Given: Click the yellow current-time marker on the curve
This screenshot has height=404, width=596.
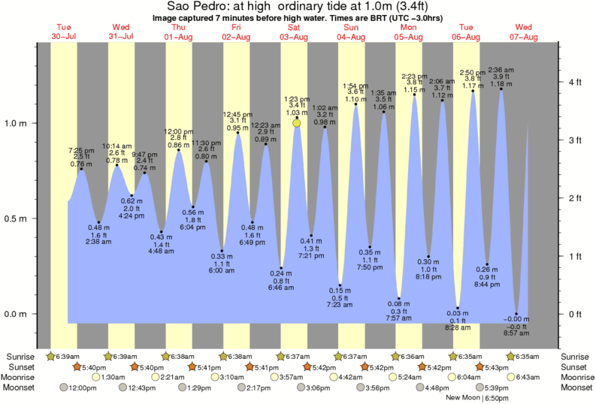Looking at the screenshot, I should (297, 123).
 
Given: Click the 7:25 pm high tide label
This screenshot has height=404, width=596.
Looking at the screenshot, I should (81, 150).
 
